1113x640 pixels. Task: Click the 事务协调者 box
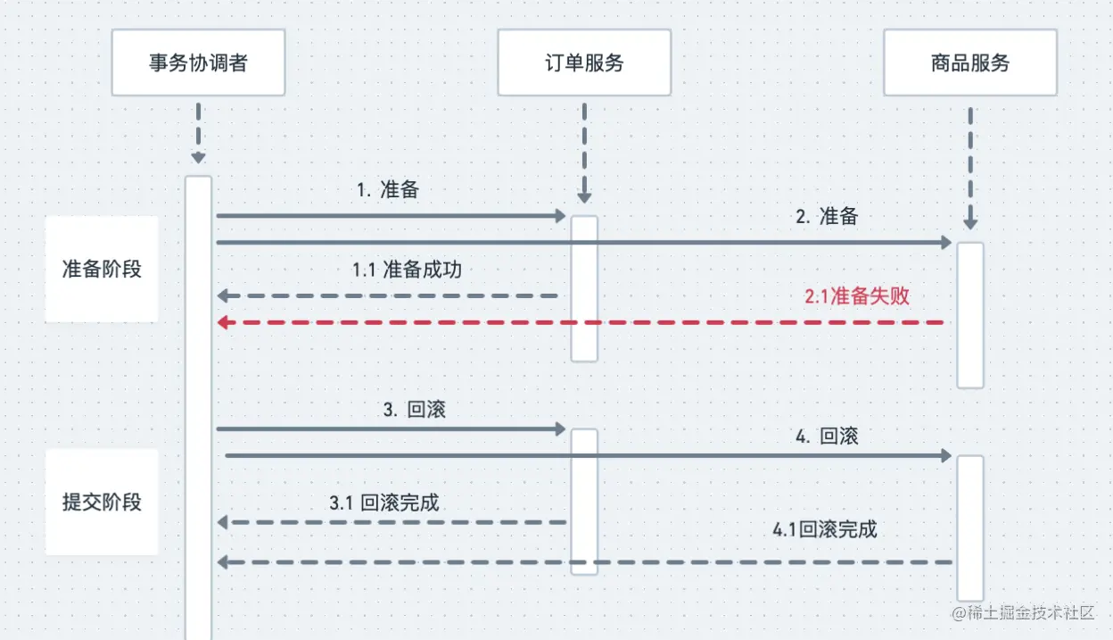tap(198, 62)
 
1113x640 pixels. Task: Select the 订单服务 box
tap(584, 62)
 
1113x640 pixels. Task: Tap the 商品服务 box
tap(970, 62)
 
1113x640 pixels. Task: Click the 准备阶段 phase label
tap(102, 269)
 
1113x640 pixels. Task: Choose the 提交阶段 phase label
tap(102, 502)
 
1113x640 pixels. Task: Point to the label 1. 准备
tap(388, 190)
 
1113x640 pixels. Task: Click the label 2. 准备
tap(827, 216)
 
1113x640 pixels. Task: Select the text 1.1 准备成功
tap(407, 270)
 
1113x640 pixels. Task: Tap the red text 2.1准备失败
tap(857, 296)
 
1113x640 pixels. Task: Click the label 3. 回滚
tap(415, 411)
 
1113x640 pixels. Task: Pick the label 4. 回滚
tap(827, 436)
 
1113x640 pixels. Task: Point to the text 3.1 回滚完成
tap(384, 503)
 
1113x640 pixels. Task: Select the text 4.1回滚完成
tap(825, 529)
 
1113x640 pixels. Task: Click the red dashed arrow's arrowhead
tap(225, 322)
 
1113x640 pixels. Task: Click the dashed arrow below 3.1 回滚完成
tap(392, 522)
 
